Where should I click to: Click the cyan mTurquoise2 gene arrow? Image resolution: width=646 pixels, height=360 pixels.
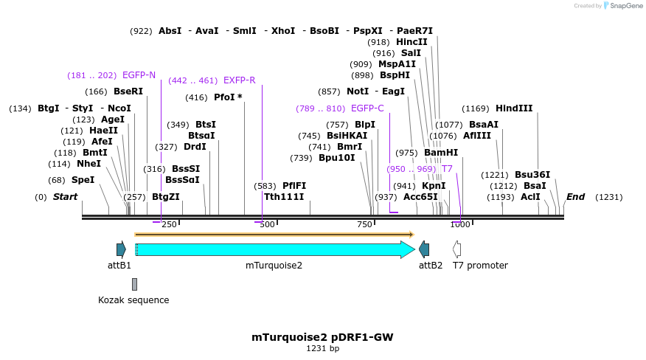[273, 249]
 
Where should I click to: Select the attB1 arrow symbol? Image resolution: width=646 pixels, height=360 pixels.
[121, 249]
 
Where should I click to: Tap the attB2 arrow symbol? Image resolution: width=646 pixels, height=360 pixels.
[424, 249]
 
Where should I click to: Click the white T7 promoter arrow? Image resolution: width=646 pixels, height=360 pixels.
[457, 249]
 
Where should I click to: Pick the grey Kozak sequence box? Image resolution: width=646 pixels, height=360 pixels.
[134, 284]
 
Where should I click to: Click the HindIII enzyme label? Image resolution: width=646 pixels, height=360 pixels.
[513, 108]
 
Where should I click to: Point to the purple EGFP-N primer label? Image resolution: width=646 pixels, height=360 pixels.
[139, 75]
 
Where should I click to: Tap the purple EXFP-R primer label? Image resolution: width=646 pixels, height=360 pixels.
[239, 80]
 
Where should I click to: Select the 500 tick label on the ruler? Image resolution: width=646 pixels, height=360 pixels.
[266, 225]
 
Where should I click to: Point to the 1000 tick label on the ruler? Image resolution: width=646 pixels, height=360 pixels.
[460, 225]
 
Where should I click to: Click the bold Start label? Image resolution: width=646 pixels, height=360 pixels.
[65, 197]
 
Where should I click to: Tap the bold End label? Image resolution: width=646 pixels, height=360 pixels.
[575, 197]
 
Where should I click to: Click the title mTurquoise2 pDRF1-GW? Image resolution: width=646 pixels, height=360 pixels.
[322, 337]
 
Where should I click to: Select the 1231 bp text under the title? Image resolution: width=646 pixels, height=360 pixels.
[322, 349]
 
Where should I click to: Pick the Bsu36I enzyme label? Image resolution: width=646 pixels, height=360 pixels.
[532, 175]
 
